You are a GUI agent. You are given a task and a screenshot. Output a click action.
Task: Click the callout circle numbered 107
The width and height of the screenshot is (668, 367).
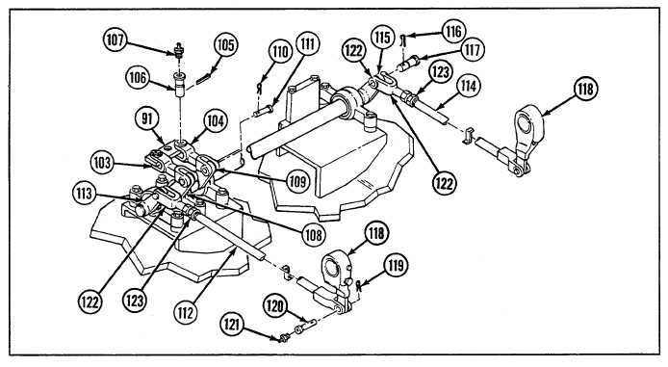116,40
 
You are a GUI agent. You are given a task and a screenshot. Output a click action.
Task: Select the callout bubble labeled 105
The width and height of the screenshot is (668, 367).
225,44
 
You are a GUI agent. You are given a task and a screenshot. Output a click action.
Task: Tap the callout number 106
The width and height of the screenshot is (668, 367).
138,78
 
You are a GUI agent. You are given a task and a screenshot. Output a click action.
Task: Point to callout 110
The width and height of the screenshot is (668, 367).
280,52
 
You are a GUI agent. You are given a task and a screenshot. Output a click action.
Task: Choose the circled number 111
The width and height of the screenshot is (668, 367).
307,44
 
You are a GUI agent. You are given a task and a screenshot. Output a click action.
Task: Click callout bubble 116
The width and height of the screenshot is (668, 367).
453,31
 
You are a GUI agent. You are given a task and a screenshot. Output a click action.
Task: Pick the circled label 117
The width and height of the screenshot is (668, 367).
472,50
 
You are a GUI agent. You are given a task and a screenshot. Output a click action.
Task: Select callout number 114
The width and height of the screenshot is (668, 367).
469,86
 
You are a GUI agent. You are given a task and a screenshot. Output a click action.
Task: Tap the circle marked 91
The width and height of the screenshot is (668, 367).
147,118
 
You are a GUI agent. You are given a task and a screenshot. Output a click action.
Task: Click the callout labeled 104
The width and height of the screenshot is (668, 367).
216,121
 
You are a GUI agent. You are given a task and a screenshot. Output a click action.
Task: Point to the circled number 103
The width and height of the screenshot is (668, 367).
103,163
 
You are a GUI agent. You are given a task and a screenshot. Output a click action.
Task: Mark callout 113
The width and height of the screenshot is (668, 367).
85,194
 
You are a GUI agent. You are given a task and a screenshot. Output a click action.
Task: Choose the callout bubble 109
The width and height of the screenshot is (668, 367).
297,182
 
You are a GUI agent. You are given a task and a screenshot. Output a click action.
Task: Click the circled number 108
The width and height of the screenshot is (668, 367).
314,234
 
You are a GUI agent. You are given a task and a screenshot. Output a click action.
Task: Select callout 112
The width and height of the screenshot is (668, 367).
186,313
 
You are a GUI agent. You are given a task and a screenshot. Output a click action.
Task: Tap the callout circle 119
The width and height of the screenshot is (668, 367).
396,266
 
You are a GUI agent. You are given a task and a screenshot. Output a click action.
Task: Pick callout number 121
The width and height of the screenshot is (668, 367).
233,326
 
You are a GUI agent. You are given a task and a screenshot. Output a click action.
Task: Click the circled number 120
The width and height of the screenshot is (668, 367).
275,305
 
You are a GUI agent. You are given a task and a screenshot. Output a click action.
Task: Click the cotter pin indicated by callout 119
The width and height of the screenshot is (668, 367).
359,285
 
